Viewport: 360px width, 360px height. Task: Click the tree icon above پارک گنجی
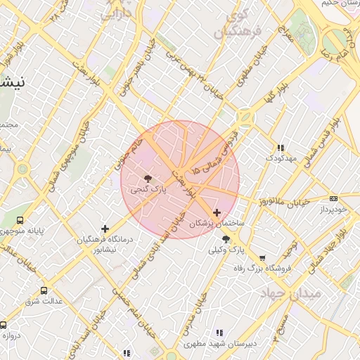(x=147, y=179)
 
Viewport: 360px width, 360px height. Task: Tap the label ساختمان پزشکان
(x=217, y=223)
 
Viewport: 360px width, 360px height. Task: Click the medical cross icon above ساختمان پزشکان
(x=217, y=212)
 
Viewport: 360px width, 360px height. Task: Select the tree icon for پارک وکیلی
(x=226, y=240)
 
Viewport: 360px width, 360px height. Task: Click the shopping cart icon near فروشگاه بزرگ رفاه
(x=263, y=258)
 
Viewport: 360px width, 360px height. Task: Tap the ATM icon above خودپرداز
(x=333, y=199)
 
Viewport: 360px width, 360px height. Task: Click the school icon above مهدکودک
(x=281, y=148)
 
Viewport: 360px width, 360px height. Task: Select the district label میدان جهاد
(x=290, y=292)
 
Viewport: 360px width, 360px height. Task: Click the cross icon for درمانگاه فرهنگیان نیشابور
(x=105, y=229)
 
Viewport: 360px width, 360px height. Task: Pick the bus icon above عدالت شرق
(x=44, y=290)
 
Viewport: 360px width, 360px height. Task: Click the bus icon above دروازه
(x=4, y=325)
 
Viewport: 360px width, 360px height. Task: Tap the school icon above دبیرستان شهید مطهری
(x=219, y=333)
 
